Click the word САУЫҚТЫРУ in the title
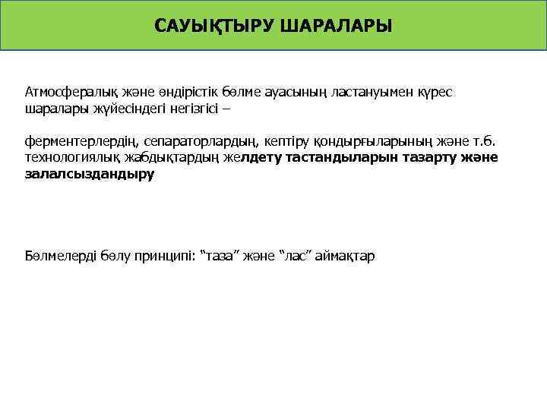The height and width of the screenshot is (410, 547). point(213,27)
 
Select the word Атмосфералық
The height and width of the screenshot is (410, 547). point(66,92)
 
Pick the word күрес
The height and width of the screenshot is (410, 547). point(434,92)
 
